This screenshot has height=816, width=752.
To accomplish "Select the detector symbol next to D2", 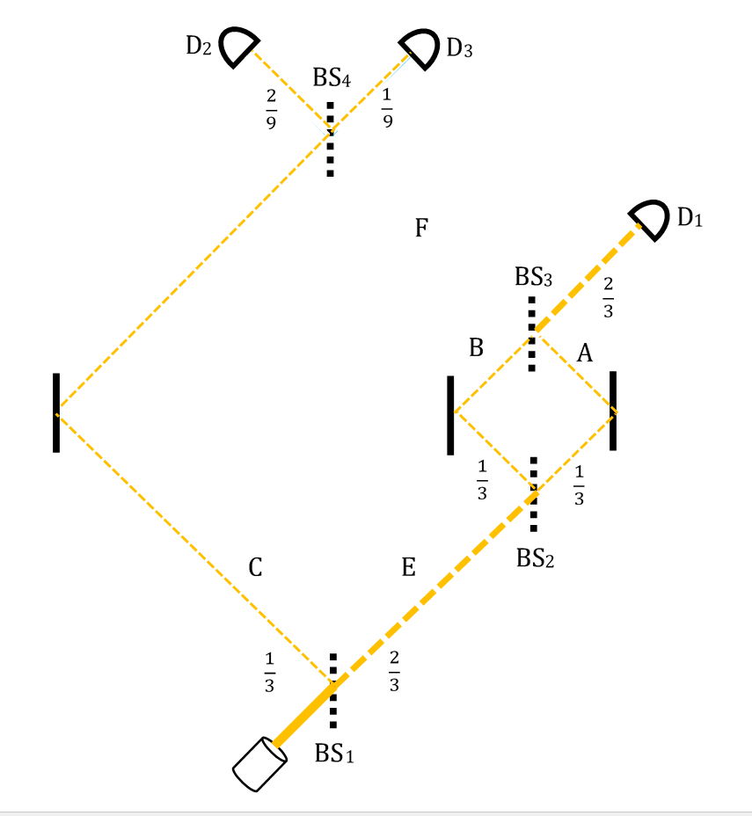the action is tap(237, 46).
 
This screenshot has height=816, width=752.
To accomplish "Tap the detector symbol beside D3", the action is tap(421, 47).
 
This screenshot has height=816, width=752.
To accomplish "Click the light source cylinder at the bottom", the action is tap(259, 764).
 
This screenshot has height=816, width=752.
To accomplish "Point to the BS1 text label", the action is tap(334, 753).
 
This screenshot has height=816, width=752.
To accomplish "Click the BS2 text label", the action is tap(535, 557).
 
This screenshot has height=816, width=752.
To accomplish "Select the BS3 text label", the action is tap(533, 277).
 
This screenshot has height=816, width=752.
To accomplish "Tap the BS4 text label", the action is tap(332, 77).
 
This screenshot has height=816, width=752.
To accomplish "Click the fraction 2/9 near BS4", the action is tap(271, 109).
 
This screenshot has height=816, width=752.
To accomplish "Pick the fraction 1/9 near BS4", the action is tap(387, 108).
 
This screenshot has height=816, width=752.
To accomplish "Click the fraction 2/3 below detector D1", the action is tap(608, 298).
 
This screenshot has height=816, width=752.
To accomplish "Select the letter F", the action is tap(421, 228).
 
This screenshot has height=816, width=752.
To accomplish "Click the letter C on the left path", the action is tap(255, 567).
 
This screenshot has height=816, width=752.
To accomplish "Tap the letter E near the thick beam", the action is tap(408, 567).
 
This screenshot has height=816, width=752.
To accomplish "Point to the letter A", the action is tap(585, 353).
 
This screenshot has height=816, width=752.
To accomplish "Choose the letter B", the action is tap(476, 347).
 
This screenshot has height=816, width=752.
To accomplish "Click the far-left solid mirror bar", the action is tap(56, 412).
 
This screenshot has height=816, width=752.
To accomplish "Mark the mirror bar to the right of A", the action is tap(613, 411).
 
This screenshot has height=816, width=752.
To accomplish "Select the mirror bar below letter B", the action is tap(450, 415).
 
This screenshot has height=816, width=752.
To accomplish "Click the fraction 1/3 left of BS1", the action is tap(269, 673).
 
